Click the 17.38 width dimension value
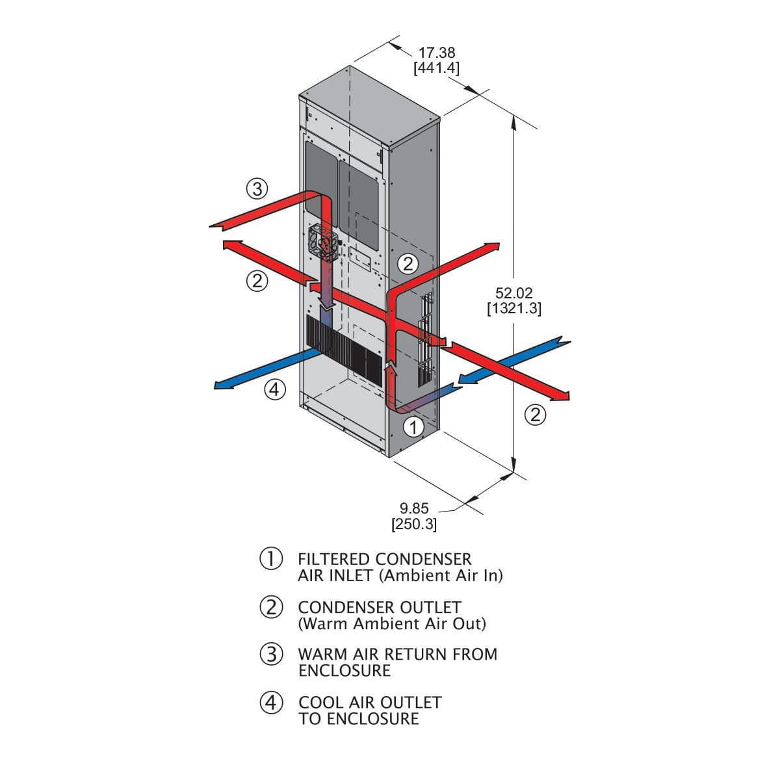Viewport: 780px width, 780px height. tap(437, 53)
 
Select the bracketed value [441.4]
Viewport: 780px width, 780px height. tap(437, 68)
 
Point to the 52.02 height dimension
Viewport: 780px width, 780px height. tap(513, 294)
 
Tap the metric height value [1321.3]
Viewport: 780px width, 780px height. tap(513, 309)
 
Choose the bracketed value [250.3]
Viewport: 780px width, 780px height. tap(414, 524)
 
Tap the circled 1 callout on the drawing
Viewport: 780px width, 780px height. tap(414, 427)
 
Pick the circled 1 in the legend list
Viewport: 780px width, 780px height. tap(270, 559)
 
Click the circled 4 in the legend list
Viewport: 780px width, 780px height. tap(270, 702)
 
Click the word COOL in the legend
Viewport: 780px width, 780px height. tap(319, 703)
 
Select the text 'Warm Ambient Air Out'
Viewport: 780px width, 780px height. tap(392, 624)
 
